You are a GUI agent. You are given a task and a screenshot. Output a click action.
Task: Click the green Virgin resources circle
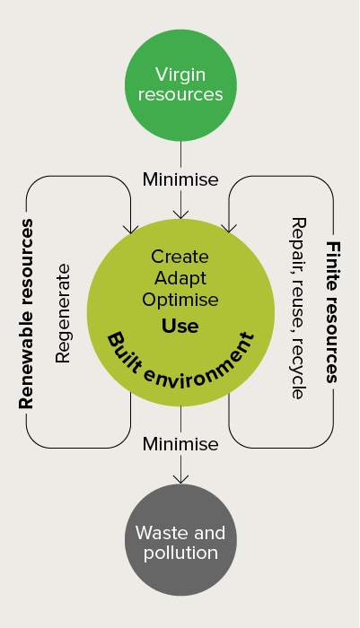pyautogui.click(x=180, y=85)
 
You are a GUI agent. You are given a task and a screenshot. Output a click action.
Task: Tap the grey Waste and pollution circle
pyautogui.click(x=180, y=540)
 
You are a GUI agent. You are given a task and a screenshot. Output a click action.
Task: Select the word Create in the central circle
pyautogui.click(x=180, y=257)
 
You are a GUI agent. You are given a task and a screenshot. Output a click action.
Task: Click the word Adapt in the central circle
pyautogui.click(x=180, y=279)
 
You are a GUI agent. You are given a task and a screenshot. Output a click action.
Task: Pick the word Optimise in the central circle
pyautogui.click(x=180, y=300)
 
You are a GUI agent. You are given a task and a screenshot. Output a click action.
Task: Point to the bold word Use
pyautogui.click(x=180, y=326)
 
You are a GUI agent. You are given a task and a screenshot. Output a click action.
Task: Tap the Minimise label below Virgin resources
pyautogui.click(x=180, y=179)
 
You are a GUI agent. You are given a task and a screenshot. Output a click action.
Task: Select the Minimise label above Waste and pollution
pyautogui.click(x=180, y=444)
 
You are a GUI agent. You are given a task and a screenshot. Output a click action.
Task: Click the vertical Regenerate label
pyautogui.click(x=64, y=313)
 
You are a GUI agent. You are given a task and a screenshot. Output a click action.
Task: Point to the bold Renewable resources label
pyautogui.click(x=26, y=314)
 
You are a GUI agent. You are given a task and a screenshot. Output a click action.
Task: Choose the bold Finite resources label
pyautogui.click(x=333, y=312)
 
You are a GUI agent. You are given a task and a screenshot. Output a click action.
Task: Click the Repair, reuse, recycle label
pyautogui.click(x=298, y=309)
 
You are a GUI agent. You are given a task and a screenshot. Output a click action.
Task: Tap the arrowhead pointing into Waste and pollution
pyautogui.click(x=180, y=479)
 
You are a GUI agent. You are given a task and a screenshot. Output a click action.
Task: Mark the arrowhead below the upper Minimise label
pyautogui.click(x=180, y=214)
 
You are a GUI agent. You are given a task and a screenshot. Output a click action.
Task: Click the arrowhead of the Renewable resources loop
pyautogui.click(x=131, y=229)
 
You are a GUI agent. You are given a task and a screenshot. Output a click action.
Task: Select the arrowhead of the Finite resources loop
pyautogui.click(x=229, y=228)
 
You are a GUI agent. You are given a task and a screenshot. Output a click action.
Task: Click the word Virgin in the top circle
pyautogui.click(x=180, y=75)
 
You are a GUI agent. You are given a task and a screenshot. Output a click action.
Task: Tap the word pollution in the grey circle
pyautogui.click(x=180, y=553)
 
